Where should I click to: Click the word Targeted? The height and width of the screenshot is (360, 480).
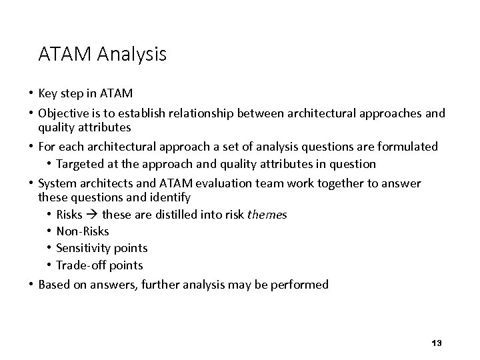pos(80,163)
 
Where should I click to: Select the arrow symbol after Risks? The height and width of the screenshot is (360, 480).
pos(93,215)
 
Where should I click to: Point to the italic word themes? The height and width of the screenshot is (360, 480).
pos(267,215)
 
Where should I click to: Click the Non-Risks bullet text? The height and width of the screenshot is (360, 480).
pos(83,231)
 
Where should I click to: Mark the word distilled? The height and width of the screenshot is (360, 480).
pos(164,215)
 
